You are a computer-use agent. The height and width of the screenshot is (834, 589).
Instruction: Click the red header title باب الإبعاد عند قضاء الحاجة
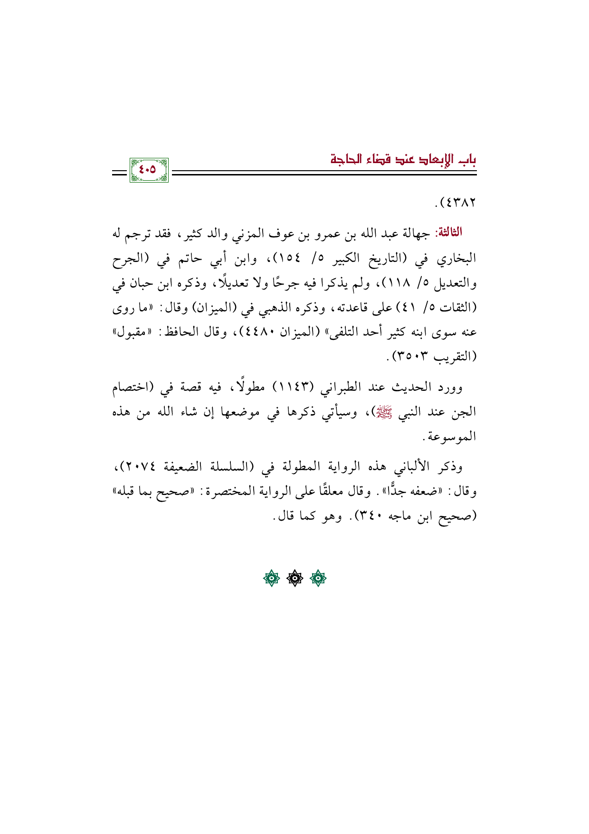point(404,159)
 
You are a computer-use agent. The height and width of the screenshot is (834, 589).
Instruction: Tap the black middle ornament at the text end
point(294,578)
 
